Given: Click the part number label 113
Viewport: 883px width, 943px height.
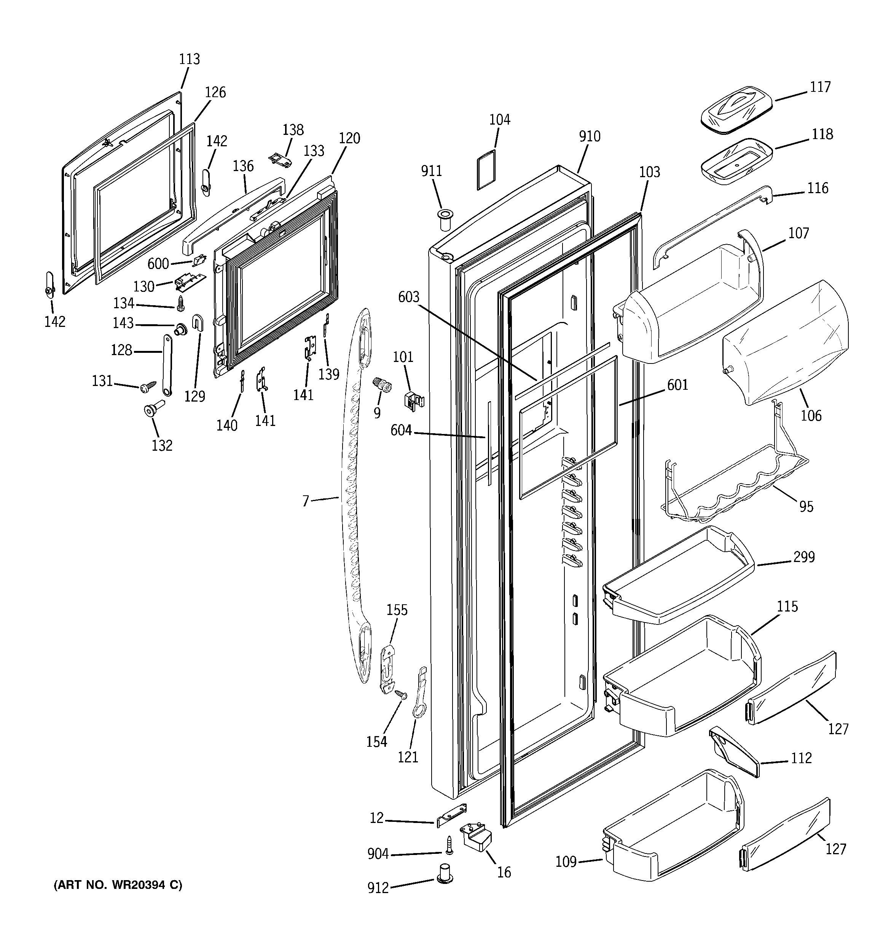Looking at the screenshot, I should [x=189, y=59].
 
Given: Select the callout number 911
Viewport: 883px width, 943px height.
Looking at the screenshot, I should [x=431, y=171].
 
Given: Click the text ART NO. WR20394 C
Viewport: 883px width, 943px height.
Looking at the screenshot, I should [x=118, y=885].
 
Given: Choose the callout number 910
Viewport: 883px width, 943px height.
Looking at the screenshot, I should [x=589, y=137].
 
